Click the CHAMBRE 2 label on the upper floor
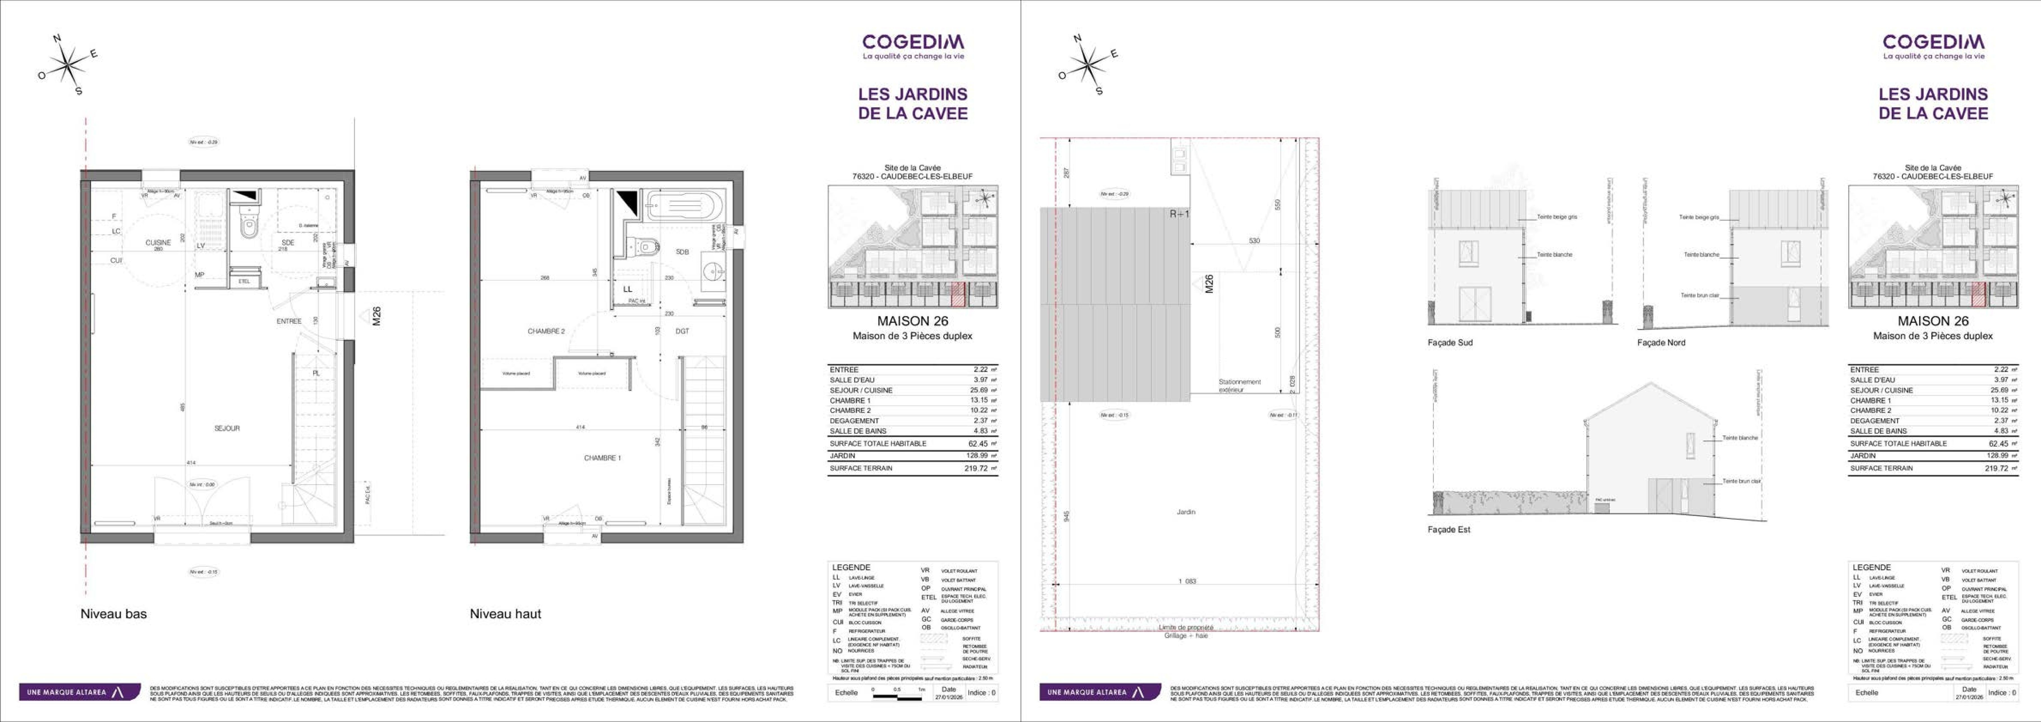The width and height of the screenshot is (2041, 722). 546,331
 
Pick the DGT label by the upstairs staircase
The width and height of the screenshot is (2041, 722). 682,331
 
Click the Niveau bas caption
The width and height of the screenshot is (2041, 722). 113,613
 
